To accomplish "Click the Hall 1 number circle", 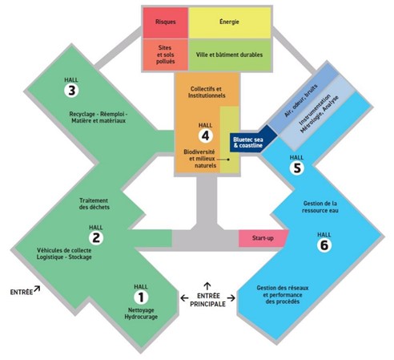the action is (141, 297).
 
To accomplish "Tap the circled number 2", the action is (96, 237).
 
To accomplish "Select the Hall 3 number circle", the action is (71, 91).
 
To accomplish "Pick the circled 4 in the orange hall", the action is (205, 136).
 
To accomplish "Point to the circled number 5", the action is (297, 168).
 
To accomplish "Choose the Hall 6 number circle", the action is (324, 245).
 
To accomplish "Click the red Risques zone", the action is (166, 22).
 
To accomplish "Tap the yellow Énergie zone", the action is (230, 22).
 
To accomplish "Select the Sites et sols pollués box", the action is (166, 55).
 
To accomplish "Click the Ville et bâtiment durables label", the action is (229, 55).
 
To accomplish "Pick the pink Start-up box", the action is (263, 238).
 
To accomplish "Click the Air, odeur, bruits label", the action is (301, 101).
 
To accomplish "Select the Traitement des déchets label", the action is (94, 204).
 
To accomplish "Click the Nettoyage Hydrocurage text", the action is (141, 313).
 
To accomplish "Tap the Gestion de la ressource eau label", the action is (320, 207).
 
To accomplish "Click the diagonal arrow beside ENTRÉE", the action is (37, 289).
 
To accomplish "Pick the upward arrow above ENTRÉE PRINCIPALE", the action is (207, 286).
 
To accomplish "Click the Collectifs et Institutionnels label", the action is (207, 92).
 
